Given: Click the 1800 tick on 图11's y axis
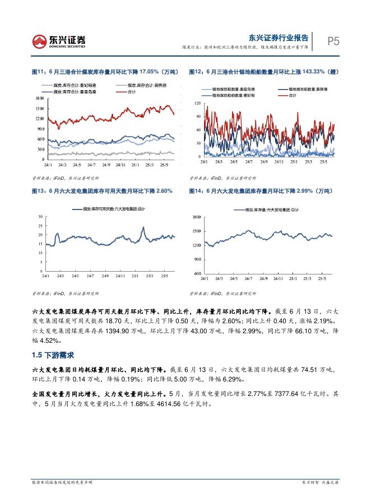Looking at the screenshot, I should (x=39, y=98).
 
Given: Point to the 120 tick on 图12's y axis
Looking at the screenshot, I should (x=197, y=104).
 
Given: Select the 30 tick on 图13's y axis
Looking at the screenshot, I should (x=40, y=216).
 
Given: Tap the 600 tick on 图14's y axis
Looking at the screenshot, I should (x=196, y=273).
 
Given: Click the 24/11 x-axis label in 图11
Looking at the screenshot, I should (x=120, y=165).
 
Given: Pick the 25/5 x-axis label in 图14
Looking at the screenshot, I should (x=322, y=278).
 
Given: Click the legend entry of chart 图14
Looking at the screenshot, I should (x=270, y=209).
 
